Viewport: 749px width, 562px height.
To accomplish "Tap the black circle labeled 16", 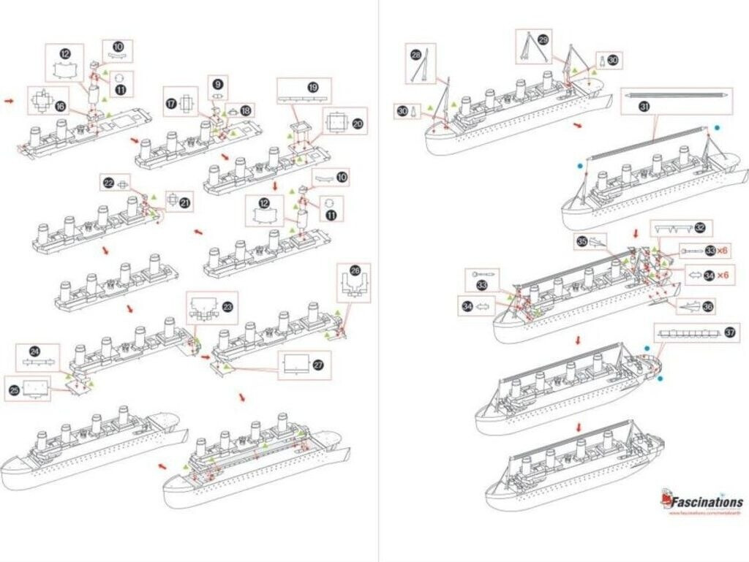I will point(60,106).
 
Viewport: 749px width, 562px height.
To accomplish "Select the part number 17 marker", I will point(170,102).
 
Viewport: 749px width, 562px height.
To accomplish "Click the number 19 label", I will point(313,87).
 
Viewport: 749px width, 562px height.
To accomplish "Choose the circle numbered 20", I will point(358,124).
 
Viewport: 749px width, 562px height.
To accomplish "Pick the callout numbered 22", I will point(109,183).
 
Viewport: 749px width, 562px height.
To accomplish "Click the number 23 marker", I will point(227,308).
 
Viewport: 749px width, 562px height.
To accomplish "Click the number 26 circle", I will point(355,270).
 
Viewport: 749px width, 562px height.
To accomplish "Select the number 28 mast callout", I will point(415,55).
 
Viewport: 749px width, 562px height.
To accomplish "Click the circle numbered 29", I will point(542,39).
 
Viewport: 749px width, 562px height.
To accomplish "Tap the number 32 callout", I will point(700,228).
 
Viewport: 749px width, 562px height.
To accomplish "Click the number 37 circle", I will point(729,333).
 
